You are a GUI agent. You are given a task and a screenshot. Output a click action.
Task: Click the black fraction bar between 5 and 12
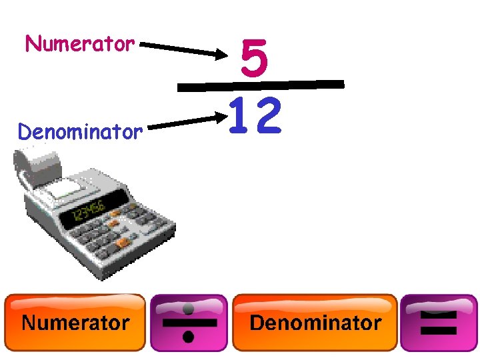pos(261,85)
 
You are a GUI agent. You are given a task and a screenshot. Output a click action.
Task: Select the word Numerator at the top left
pos(80,45)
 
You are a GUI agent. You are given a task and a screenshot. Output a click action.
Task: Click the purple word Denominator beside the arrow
pos(80,132)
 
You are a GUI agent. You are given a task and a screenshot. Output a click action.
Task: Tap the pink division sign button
pos(189,323)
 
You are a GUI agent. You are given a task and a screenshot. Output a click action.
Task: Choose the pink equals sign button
pos(438,323)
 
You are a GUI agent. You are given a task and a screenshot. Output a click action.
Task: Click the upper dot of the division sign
pos(189,309)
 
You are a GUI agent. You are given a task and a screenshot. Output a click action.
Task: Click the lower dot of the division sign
pos(189,337)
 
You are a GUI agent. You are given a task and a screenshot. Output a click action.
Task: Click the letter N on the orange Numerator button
pos(30,323)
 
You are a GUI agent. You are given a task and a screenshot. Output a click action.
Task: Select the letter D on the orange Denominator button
pos(257,323)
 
